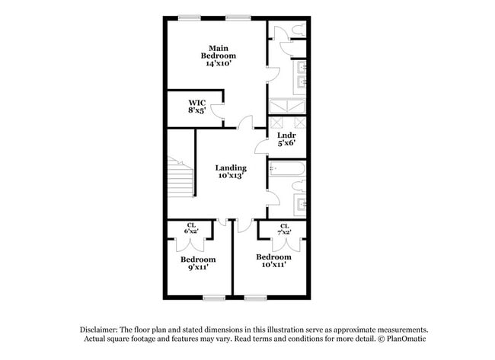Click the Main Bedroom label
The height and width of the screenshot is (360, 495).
pos(218,56)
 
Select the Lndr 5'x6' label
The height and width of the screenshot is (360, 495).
pos(286,139)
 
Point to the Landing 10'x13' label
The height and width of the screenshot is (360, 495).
pos(230,172)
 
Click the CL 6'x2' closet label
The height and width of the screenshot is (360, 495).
pos(192,228)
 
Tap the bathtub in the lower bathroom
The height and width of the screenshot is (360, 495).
pos(287,168)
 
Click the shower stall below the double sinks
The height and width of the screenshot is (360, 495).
pos(287,106)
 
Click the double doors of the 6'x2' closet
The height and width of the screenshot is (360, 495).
pos(192,241)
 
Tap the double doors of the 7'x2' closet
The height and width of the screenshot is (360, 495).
pos(284,242)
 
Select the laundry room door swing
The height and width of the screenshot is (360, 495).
pos(261,145)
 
